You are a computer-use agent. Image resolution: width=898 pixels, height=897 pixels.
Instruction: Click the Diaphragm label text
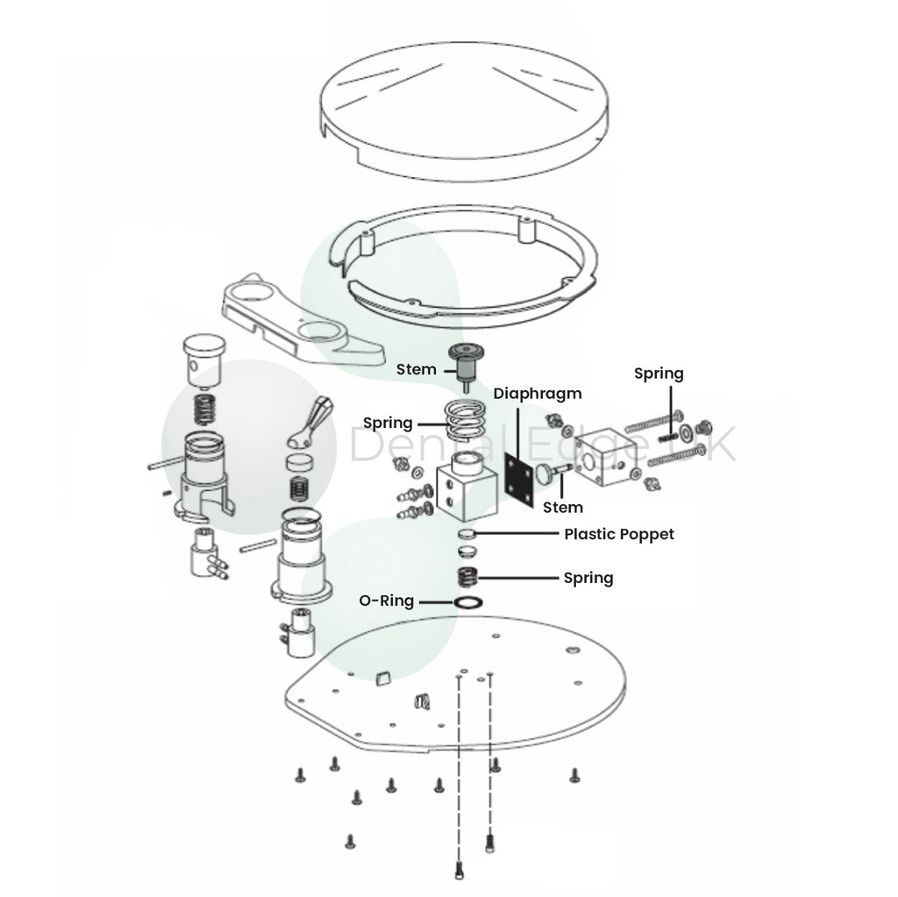coord(537,394)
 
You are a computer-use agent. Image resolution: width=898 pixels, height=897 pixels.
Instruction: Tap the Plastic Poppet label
coord(619,534)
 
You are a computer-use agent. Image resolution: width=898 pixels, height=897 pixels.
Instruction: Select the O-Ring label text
coord(386,602)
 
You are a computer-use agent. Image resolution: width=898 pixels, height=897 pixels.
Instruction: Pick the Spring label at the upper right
coord(659,374)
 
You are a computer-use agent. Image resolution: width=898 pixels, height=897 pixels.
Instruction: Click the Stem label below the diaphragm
coord(563,507)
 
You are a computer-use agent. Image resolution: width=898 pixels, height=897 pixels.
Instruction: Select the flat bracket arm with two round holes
coord(303,324)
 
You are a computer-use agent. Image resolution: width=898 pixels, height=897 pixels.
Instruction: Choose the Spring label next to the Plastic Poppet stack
coord(588,578)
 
